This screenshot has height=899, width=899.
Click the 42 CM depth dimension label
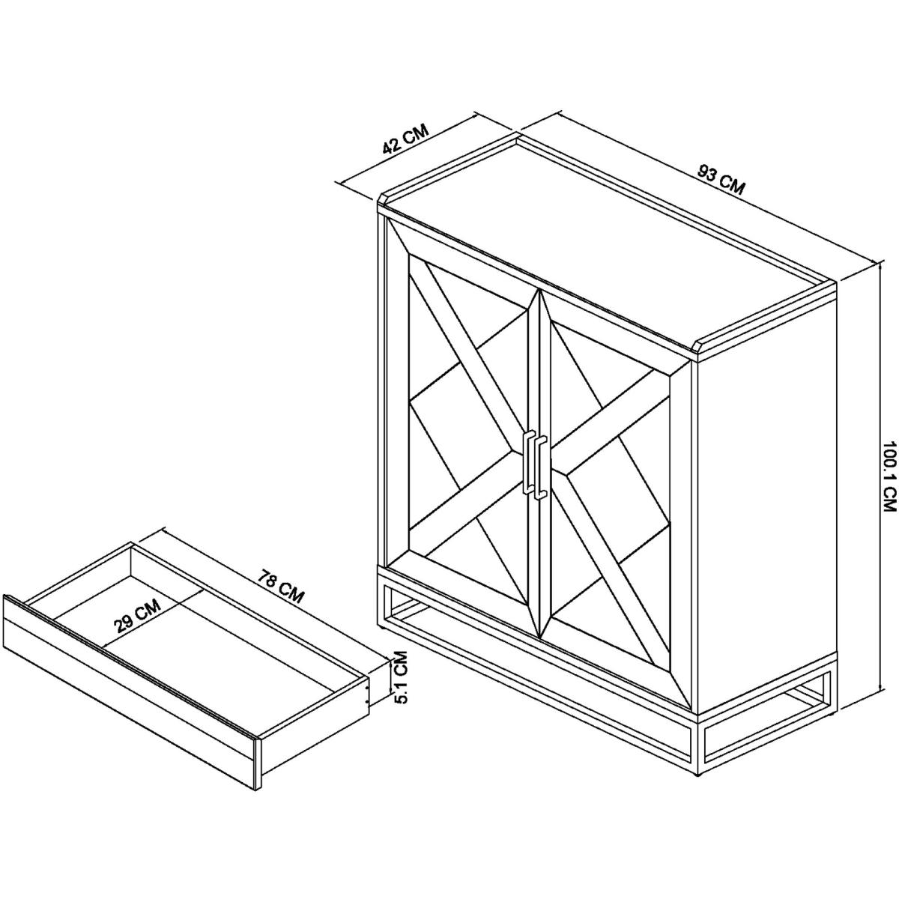[405, 139]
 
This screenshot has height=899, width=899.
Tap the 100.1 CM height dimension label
[889, 476]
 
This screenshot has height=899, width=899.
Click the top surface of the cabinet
[607, 246]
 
